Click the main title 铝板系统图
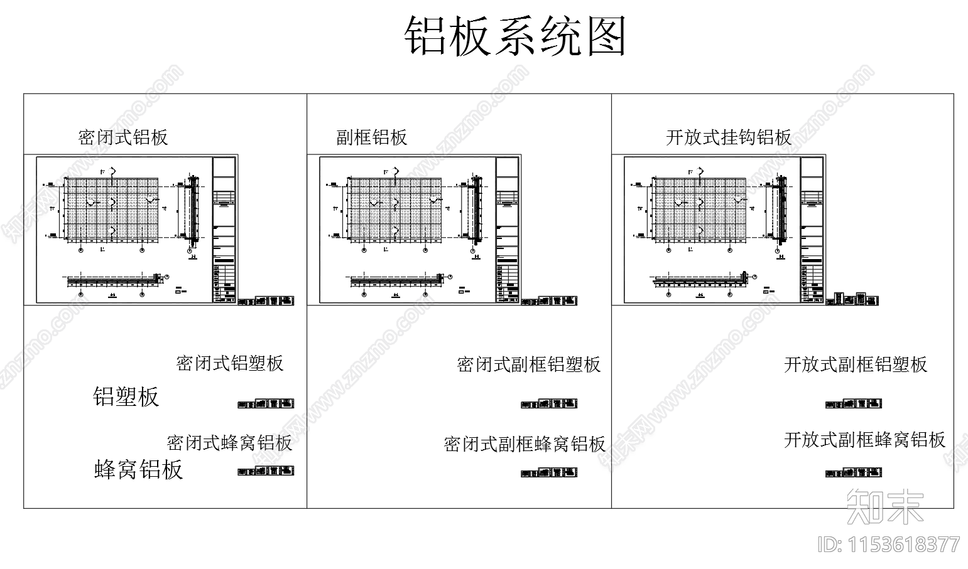click(x=514, y=37)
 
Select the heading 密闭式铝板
click(x=123, y=137)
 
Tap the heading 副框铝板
click(x=372, y=137)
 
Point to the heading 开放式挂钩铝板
click(x=729, y=137)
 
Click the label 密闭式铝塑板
click(x=230, y=363)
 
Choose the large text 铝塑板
click(x=126, y=397)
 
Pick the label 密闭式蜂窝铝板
click(x=230, y=443)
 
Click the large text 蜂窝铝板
click(x=139, y=470)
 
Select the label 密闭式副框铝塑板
click(x=529, y=364)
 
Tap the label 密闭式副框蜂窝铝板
click(x=525, y=444)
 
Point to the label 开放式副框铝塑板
click(x=856, y=364)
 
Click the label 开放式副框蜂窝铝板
click(x=865, y=440)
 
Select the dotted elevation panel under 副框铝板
click(x=395, y=209)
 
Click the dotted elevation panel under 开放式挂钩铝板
click(x=700, y=209)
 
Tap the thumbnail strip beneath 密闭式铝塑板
click(x=266, y=404)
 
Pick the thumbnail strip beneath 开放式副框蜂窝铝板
click(x=854, y=474)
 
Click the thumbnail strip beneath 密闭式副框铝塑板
click(x=549, y=404)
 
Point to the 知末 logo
click(x=885, y=506)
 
